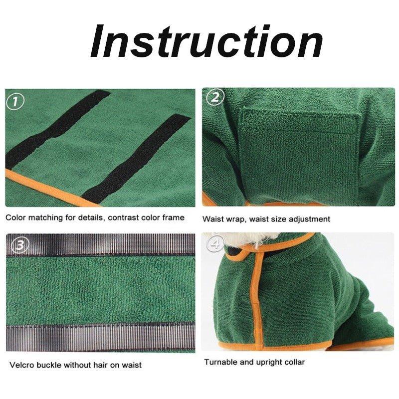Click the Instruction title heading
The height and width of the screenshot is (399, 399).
(x=206, y=41)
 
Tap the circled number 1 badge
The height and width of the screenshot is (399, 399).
(x=15, y=102)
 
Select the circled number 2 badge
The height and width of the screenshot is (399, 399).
(x=215, y=97)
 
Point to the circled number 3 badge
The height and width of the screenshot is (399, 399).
(x=20, y=245)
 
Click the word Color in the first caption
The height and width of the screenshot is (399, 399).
(x=16, y=217)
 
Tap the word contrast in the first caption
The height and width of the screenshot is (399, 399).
(x=123, y=218)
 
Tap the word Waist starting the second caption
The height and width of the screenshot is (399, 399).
(x=212, y=219)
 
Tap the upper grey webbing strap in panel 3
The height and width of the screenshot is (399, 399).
(x=101, y=244)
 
